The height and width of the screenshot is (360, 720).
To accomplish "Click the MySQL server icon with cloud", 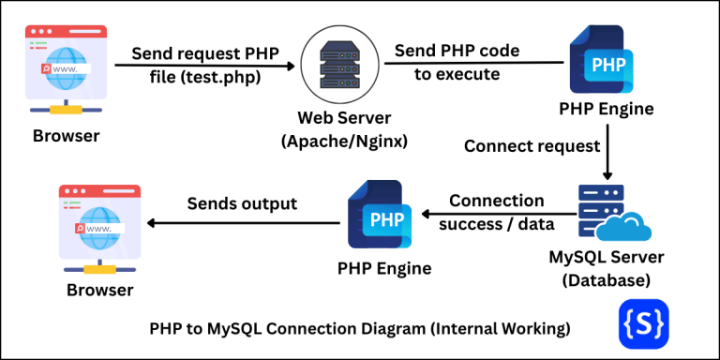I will [x=610, y=214].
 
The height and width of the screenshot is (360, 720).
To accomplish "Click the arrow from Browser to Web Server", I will [x=206, y=66].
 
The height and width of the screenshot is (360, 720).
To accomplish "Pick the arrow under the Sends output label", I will [x=244, y=223].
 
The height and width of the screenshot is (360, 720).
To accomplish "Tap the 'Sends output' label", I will [x=242, y=202].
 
